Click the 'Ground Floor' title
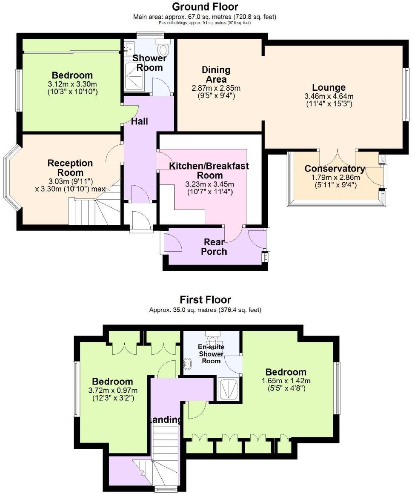tap(205, 7)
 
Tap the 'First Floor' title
tap(205, 300)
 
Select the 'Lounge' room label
tap(329, 88)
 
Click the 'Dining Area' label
tap(216, 75)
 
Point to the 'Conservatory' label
tap(335, 169)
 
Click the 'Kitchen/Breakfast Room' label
tap(209, 170)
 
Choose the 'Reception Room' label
tap(70, 168)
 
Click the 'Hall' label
tap(139, 121)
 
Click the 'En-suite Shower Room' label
tap(211, 353)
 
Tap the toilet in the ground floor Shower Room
tap(163, 47)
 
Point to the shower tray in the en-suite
tap(229, 388)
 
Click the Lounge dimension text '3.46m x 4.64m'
tap(329, 96)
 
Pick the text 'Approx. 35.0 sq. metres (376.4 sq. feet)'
tap(205, 310)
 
